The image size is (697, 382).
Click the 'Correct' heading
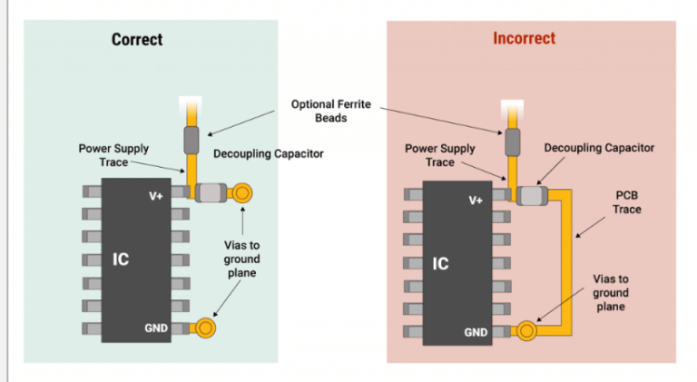(x=137, y=39)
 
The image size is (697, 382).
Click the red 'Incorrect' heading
(x=524, y=38)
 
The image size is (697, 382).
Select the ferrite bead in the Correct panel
(x=191, y=140)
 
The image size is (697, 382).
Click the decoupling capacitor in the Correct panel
(x=211, y=193)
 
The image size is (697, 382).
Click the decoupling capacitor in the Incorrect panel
(x=529, y=193)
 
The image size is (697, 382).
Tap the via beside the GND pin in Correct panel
(x=206, y=328)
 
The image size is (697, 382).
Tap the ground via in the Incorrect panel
(x=525, y=330)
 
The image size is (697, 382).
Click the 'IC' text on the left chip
(x=121, y=260)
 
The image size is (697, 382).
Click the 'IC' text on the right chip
(x=440, y=264)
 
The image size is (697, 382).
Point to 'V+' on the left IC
(x=157, y=195)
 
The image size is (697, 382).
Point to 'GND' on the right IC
(x=476, y=332)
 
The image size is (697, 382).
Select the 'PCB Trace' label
(x=626, y=201)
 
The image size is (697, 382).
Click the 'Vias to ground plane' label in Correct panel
(x=241, y=259)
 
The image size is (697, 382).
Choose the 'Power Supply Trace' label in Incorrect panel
(x=439, y=155)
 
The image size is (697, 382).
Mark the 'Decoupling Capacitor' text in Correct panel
(x=269, y=153)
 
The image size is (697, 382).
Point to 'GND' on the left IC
(x=156, y=328)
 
